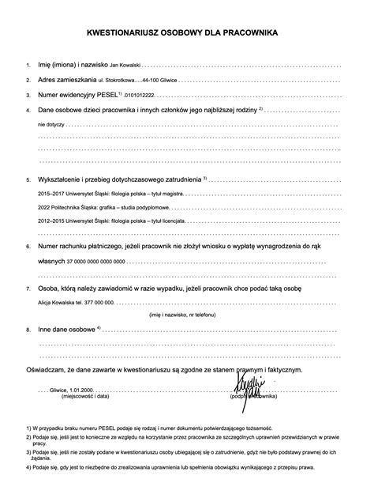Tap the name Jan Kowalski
pos(123,64)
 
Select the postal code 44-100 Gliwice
pos(161,81)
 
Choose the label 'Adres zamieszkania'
pos(67,80)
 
